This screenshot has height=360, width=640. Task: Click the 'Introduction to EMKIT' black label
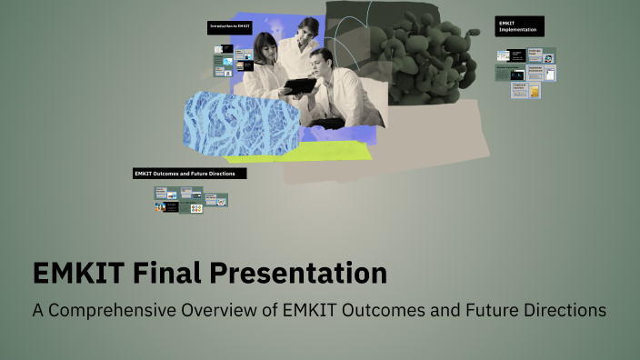click(x=229, y=27)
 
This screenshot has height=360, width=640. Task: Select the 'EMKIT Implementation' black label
click(x=520, y=25)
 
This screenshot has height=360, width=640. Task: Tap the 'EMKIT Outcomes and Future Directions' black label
click(x=189, y=174)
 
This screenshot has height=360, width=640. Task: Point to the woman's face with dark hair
click(x=266, y=47)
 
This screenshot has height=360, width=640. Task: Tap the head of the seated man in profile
click(x=321, y=64)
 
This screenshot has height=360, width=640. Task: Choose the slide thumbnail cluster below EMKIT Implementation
click(x=525, y=73)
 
